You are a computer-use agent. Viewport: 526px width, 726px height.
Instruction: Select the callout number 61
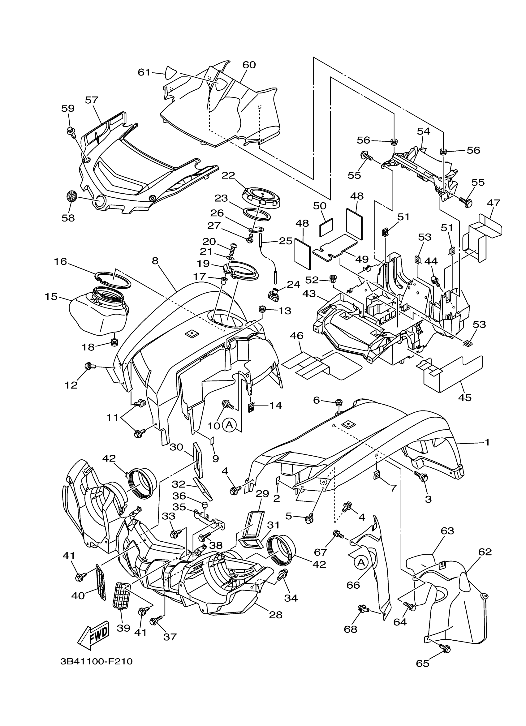click(144, 72)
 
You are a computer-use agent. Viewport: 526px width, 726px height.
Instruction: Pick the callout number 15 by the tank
click(51, 296)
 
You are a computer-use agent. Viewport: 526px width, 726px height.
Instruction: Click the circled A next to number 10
click(229, 425)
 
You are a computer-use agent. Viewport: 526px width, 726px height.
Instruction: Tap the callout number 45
click(465, 397)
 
